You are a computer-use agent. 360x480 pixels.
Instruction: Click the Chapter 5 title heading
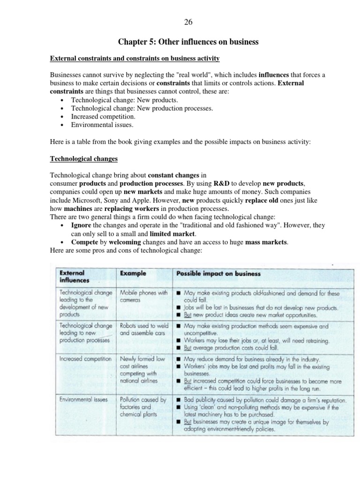point(188,42)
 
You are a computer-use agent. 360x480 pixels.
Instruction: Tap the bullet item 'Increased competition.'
point(103,116)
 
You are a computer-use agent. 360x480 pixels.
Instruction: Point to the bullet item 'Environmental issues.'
point(102,125)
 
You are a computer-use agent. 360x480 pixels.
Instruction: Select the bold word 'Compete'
point(84,242)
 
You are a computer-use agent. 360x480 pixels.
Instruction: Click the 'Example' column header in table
point(133,273)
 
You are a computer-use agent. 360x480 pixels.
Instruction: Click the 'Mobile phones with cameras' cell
point(143,296)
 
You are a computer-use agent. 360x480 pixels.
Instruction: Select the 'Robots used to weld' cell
point(143,330)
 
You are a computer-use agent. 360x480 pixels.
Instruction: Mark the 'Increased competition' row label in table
point(85,359)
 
